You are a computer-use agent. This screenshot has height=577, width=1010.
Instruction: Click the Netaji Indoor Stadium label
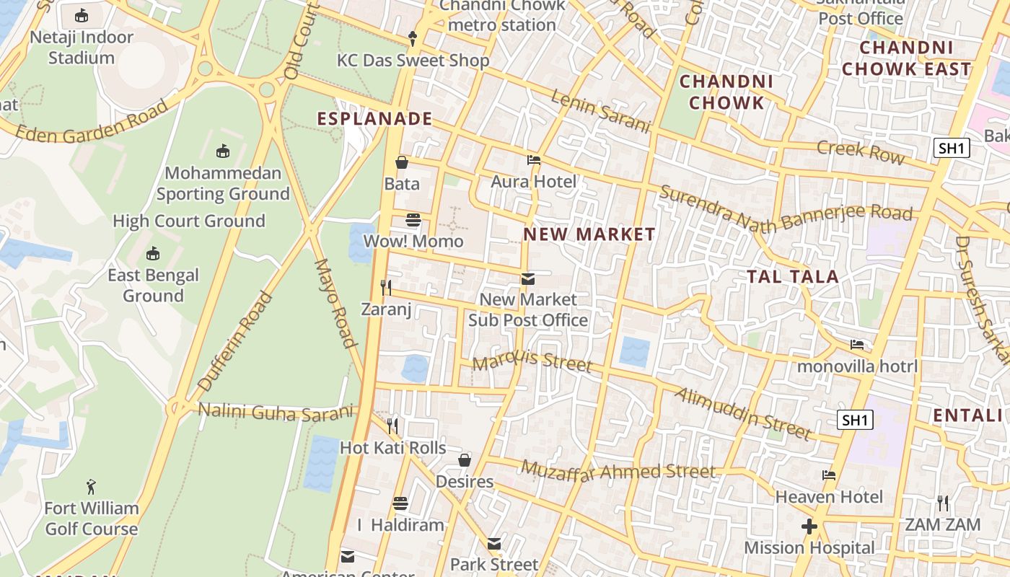click(x=82, y=48)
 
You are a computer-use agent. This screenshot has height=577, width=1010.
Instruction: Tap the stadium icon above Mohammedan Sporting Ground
click(x=223, y=151)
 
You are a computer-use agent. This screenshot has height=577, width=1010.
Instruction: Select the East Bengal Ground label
click(x=153, y=286)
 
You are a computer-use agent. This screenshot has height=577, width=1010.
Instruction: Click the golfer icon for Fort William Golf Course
click(x=91, y=487)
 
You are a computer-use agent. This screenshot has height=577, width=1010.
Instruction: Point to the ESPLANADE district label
click(x=375, y=119)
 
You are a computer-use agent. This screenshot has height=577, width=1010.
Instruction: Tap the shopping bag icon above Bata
click(x=402, y=162)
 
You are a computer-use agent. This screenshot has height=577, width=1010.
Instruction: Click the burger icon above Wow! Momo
click(x=413, y=219)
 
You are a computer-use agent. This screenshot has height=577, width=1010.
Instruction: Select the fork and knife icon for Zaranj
click(x=387, y=288)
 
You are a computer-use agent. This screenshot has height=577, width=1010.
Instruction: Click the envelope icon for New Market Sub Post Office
click(x=528, y=278)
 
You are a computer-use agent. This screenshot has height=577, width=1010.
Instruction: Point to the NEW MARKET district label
click(x=589, y=234)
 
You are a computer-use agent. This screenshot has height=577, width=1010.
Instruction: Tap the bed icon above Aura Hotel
click(x=534, y=160)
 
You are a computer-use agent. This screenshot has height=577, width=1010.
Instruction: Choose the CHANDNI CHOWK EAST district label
click(x=907, y=58)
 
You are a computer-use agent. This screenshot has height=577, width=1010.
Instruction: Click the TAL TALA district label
click(x=792, y=277)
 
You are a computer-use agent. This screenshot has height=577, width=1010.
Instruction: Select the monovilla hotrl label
click(x=857, y=366)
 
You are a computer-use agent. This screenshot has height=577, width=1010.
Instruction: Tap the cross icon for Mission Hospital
click(x=809, y=527)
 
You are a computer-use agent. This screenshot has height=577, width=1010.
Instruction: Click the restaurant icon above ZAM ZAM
click(x=943, y=503)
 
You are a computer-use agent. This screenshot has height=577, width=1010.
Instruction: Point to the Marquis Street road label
click(x=532, y=358)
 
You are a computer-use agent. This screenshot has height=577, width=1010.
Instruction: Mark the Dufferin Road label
click(x=235, y=341)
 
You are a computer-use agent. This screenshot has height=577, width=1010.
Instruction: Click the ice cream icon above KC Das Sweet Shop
click(x=413, y=38)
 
